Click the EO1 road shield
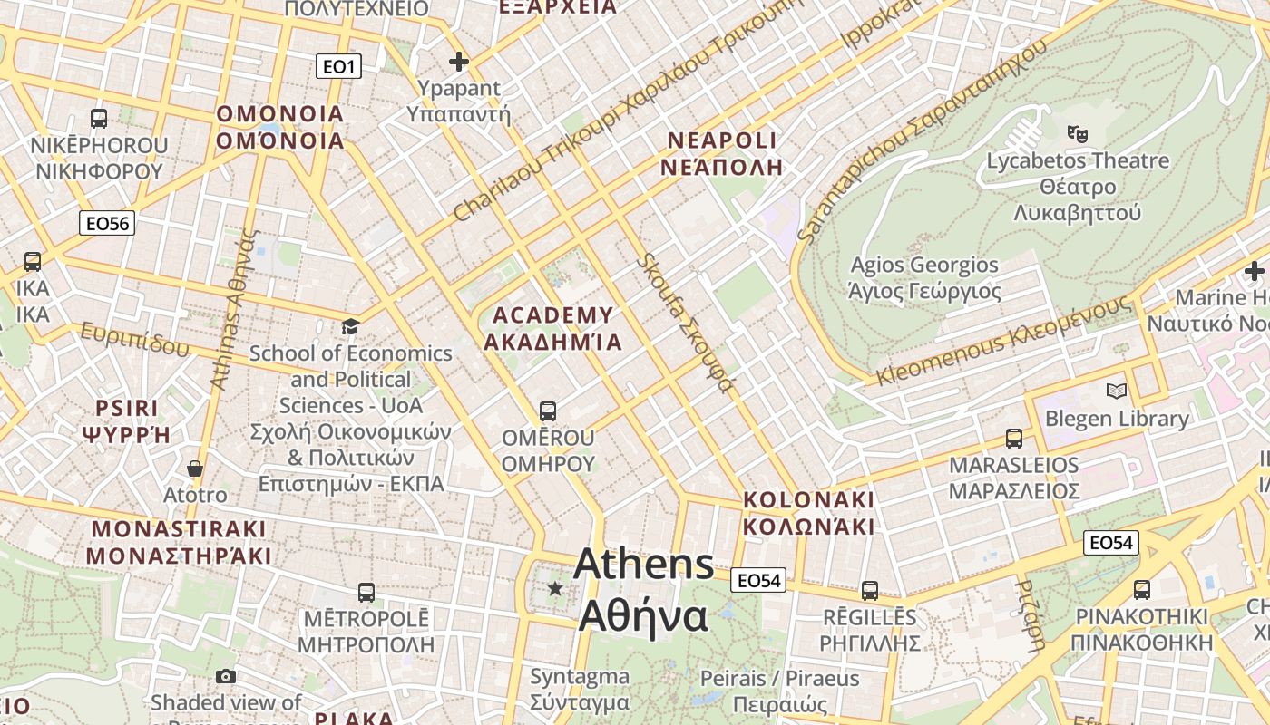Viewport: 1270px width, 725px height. tap(339, 66)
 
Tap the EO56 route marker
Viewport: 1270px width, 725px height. tap(107, 223)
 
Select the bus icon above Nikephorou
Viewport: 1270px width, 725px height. tap(99, 119)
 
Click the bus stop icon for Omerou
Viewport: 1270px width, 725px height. tap(548, 411)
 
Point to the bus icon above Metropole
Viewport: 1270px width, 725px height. tap(366, 593)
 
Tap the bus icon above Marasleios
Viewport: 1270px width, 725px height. tap(1014, 439)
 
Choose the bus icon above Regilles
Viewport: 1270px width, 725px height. tap(870, 591)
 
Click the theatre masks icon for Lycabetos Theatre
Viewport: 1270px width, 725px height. tap(1078, 134)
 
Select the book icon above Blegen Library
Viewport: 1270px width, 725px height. tap(1117, 391)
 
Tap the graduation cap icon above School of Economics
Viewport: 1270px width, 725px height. tap(350, 326)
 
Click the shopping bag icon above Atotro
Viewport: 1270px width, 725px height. tap(195, 469)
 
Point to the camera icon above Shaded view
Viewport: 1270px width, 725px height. tap(226, 676)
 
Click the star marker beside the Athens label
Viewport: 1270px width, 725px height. tap(555, 589)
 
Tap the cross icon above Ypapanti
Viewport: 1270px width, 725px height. tap(459, 62)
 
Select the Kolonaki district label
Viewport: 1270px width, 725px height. tap(809, 513)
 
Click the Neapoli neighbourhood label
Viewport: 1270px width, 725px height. tap(722, 153)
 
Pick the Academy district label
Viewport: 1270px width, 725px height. tap(552, 328)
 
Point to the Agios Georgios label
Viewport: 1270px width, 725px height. tap(924, 278)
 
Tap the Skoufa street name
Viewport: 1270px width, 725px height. tap(684, 322)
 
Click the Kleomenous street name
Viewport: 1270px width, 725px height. tap(1005, 341)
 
